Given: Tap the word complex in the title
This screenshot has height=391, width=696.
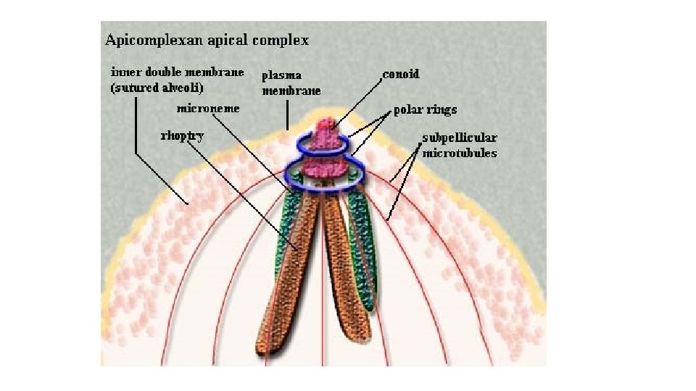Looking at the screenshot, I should coord(279,41).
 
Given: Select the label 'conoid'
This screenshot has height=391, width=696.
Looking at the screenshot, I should coord(401,74).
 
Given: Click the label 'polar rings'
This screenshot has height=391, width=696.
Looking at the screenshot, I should coord(425,111).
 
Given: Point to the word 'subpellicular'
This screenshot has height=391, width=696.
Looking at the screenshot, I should coord(460,138).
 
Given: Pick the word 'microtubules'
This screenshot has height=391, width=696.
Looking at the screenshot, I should coord(460,153).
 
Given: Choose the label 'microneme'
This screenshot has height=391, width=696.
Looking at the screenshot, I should coord(208,108).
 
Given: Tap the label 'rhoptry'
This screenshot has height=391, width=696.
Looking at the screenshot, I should coord(181,135).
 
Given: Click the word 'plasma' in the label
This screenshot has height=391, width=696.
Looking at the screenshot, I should coord(282,75).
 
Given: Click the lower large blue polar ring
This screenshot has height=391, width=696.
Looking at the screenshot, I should coord(323,176).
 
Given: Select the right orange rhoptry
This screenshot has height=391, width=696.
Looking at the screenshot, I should coord(347,275).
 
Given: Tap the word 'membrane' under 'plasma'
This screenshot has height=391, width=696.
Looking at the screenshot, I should coord(291,91).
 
